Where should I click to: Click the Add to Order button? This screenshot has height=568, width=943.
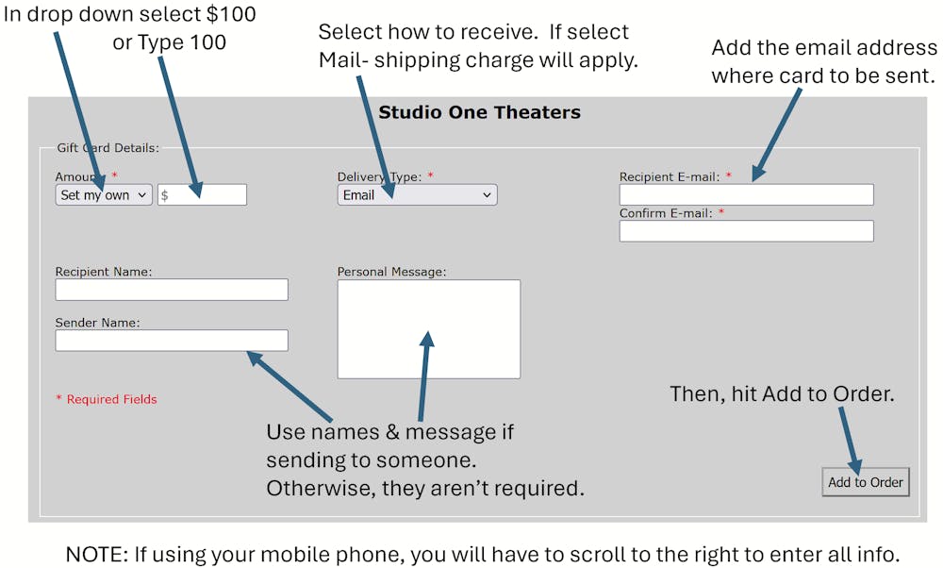866,482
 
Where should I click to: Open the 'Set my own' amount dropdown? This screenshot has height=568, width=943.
104,195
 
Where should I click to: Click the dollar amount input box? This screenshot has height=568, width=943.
202,195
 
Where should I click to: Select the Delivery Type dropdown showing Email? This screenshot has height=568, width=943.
418,195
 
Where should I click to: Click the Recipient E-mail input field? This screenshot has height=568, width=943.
746,195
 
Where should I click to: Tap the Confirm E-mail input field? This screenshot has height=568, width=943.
746,231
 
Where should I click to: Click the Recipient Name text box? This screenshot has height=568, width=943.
172,290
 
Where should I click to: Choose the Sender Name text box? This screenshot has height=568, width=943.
172,341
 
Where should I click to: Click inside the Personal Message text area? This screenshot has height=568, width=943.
429,329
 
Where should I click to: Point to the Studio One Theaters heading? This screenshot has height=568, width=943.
479,112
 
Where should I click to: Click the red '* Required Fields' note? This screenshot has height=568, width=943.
107,399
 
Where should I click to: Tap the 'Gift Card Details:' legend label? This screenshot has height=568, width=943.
108,148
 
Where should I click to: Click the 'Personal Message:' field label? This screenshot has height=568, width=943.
391,272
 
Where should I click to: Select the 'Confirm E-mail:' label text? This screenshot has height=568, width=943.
666,213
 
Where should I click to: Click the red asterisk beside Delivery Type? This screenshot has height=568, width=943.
431,175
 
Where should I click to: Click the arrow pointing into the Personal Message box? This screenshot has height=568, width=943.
424,376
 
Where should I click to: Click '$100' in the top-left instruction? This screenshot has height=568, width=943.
232,14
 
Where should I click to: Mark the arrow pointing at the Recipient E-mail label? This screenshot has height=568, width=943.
776,135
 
